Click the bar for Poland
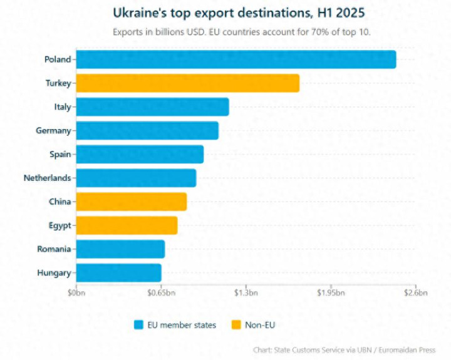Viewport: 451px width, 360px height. pyautogui.click(x=236, y=59)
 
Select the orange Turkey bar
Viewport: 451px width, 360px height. pyautogui.click(x=187, y=83)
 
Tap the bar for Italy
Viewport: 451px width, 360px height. pyautogui.click(x=152, y=107)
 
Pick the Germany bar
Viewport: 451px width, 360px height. pyautogui.click(x=147, y=131)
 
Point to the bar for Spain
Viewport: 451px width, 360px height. pyautogui.click(x=140, y=154)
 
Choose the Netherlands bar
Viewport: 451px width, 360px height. pyautogui.click(x=136, y=178)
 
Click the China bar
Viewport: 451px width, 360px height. pyautogui.click(x=132, y=202)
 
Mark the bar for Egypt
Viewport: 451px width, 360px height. pyautogui.click(x=127, y=225)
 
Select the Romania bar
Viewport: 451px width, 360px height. pyautogui.click(x=120, y=249)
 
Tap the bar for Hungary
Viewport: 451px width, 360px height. pyautogui.click(x=118, y=273)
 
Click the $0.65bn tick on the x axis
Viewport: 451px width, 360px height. pyautogui.click(x=160, y=292)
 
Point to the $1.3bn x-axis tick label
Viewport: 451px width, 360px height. pyautogui.click(x=246, y=292)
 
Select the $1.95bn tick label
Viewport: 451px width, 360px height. pyautogui.click(x=329, y=292)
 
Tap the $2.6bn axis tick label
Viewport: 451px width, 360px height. pyautogui.click(x=415, y=292)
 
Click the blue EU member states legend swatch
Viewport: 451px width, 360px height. pyautogui.click(x=139, y=324)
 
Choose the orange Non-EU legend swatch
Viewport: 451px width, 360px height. pyautogui.click(x=236, y=324)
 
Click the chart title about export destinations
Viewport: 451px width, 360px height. pyautogui.click(x=238, y=13)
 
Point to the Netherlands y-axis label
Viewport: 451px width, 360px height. pyautogui.click(x=47, y=178)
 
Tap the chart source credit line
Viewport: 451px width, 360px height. pyautogui.click(x=344, y=350)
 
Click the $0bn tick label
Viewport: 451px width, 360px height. pyautogui.click(x=76, y=292)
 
